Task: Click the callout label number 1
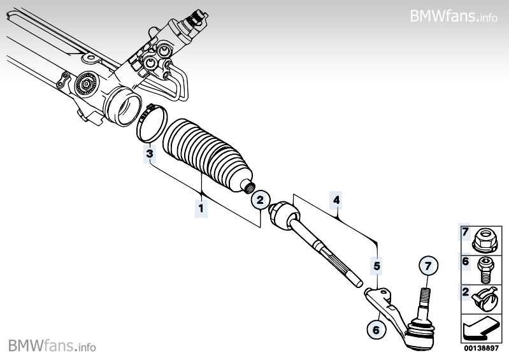[x=201, y=208]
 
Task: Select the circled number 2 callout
[x=259, y=200]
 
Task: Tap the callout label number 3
[x=150, y=154]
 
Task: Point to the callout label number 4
[x=336, y=200]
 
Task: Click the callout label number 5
[x=376, y=266]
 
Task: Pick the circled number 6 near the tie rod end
[x=376, y=329]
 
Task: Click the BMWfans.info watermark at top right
[x=453, y=15]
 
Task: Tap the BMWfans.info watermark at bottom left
[x=52, y=345]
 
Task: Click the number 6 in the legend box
[x=465, y=261]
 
